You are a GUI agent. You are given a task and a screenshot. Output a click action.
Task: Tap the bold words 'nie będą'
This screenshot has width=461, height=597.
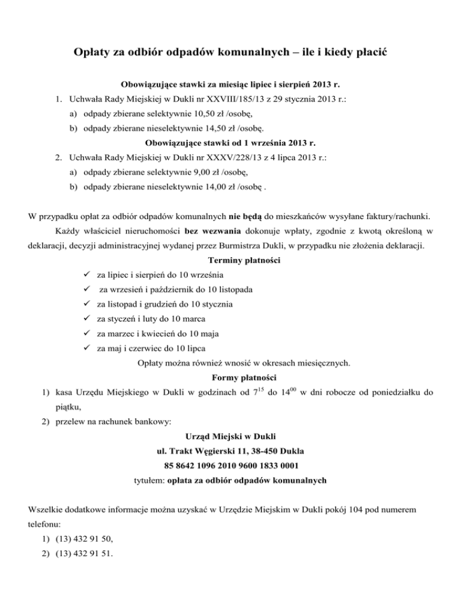[246, 215]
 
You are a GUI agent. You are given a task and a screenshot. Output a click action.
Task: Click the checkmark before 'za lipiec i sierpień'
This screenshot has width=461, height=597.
[88, 275]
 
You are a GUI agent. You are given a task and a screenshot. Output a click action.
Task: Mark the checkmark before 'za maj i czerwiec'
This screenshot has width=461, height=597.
[88, 348]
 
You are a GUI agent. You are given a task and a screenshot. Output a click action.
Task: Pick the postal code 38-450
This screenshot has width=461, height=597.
[268, 450]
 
